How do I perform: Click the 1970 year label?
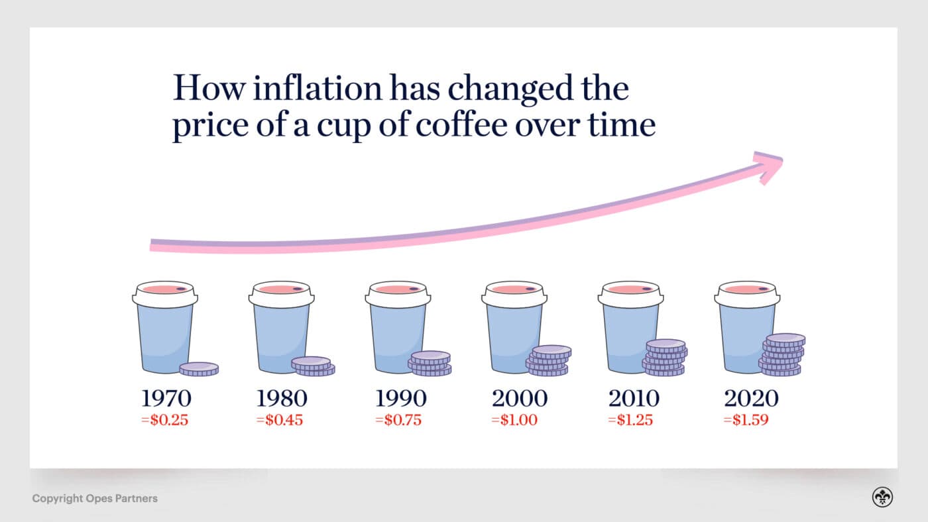(166, 398)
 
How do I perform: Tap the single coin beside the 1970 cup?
(199, 368)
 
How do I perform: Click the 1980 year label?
(282, 398)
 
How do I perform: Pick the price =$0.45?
(279, 419)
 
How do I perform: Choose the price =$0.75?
(398, 419)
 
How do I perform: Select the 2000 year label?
(520, 398)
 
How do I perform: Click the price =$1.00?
(514, 419)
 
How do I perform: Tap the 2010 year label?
(634, 398)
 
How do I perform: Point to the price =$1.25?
(631, 419)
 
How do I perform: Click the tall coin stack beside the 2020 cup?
(782, 355)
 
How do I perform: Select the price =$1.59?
(746, 419)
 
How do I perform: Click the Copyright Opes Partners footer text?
(95, 498)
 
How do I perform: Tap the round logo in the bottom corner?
(882, 497)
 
